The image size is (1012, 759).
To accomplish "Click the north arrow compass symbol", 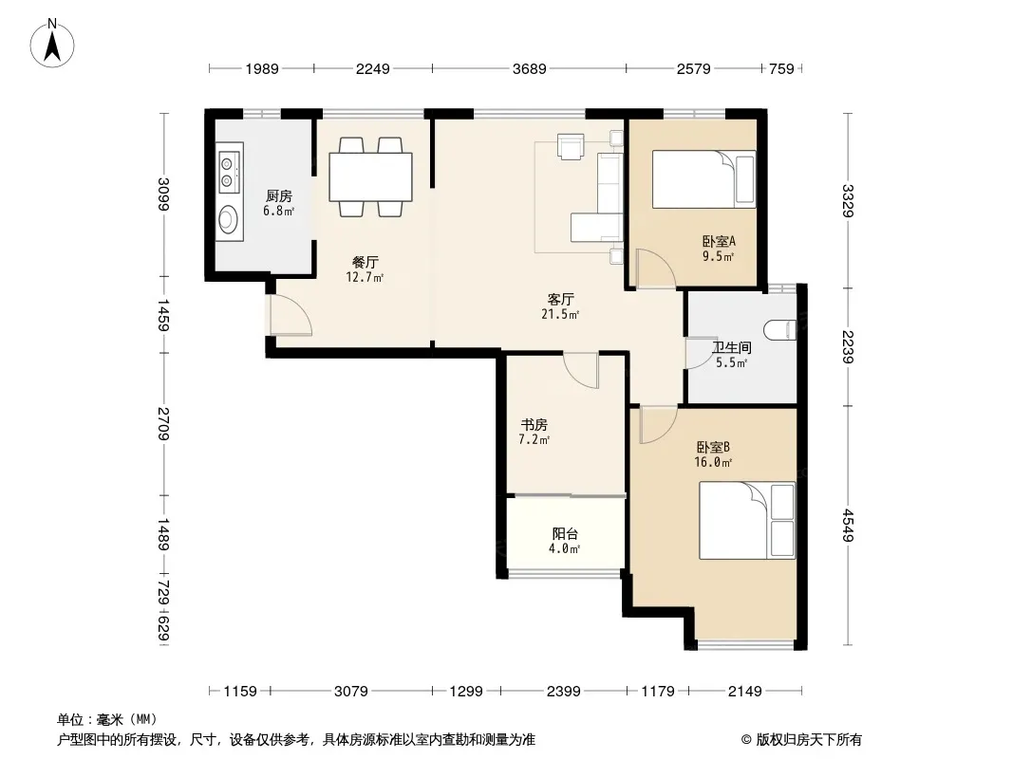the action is [52, 44].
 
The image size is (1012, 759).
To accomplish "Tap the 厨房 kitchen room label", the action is [279, 196].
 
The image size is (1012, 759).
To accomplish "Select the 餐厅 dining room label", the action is [365, 263].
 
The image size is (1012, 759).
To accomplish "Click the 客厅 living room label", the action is [560, 299].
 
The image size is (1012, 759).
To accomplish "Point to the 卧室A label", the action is [719, 242].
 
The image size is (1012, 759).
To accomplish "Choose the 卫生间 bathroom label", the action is [731, 347].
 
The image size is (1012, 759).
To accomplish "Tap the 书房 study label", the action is [534, 425].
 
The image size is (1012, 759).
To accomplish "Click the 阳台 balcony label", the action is [565, 534].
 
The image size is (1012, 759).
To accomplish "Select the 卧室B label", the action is [713, 447].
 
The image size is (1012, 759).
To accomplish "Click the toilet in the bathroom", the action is [779, 330].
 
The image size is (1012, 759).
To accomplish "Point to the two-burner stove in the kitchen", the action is [228, 172].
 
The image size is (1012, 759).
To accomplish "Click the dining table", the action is [370, 176].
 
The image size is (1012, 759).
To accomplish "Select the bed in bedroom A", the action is [703, 179].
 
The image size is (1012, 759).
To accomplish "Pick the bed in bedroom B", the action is [747, 521].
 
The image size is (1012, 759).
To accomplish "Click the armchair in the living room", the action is [571, 146].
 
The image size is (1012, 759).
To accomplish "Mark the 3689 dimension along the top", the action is [529, 68].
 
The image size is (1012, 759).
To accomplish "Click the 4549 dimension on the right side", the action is [848, 527].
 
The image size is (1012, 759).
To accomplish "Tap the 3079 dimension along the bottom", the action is [351, 692].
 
